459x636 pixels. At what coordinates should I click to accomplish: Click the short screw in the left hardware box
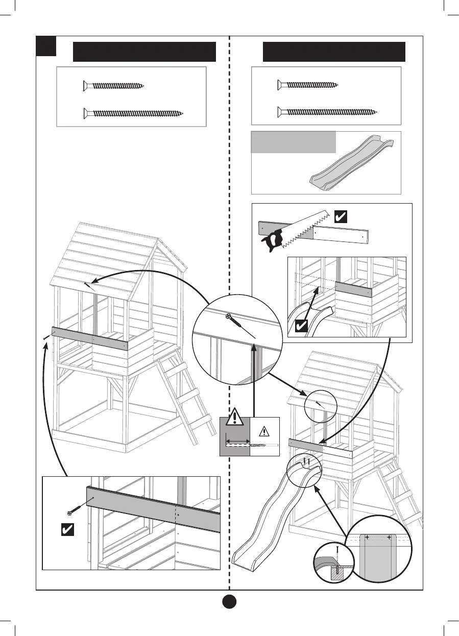pyautogui.click(x=114, y=86)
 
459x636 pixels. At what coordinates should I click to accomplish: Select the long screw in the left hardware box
pyautogui.click(x=133, y=113)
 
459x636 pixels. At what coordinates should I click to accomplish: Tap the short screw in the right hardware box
pyautogui.click(x=308, y=85)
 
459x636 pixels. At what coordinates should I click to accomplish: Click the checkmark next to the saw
pyautogui.click(x=340, y=216)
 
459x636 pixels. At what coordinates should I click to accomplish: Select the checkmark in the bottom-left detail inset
pyautogui.click(x=66, y=530)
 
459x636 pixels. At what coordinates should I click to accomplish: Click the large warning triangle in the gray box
pyautogui.click(x=234, y=418)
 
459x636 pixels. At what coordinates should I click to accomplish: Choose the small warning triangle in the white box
pyautogui.click(x=264, y=431)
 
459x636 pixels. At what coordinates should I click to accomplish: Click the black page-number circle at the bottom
pyautogui.click(x=229, y=601)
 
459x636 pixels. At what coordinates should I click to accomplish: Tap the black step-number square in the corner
pyautogui.click(x=45, y=46)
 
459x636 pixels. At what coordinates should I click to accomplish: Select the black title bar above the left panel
pyautogui.click(x=144, y=52)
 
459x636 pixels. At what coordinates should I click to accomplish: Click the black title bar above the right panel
pyautogui.click(x=334, y=52)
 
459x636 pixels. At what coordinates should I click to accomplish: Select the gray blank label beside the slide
pyautogui.click(x=294, y=142)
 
